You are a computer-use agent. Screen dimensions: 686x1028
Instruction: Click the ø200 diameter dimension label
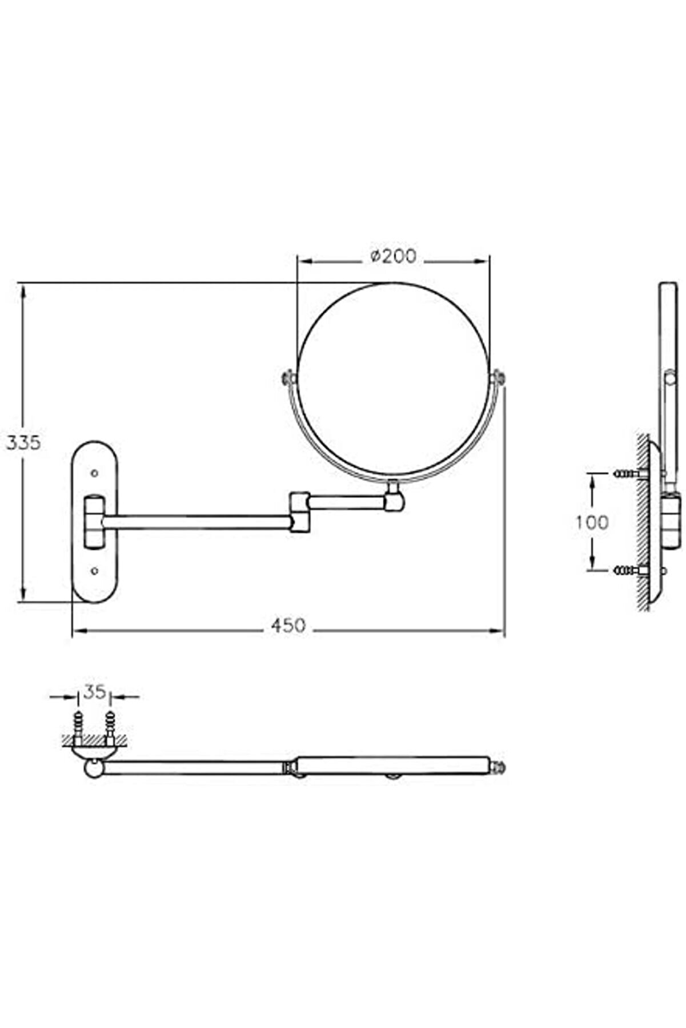(392, 256)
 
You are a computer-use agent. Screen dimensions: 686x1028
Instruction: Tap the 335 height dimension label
(23, 442)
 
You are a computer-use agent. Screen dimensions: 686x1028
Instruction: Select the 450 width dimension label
(288, 626)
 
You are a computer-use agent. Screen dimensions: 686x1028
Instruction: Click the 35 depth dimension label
(94, 692)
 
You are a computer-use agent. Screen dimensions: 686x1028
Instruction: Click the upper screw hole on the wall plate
(94, 473)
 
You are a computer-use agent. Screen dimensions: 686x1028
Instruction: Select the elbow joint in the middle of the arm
(299, 512)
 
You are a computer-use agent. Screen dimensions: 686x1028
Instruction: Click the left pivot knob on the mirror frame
(289, 377)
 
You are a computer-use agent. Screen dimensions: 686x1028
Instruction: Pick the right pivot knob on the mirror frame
(498, 377)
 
